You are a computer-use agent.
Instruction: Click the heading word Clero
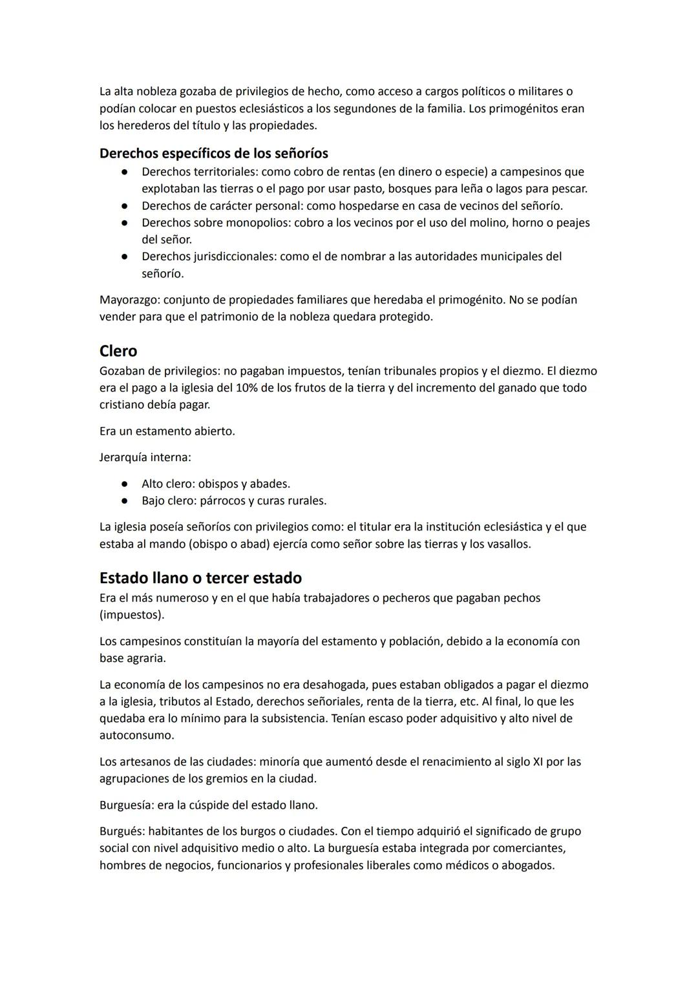pyautogui.click(x=118, y=351)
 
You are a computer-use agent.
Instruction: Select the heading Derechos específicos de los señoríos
pyautogui.click(x=213, y=154)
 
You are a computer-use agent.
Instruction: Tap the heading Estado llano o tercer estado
pyautogui.click(x=200, y=577)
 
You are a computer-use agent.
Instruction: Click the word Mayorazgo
pyautogui.click(x=129, y=300)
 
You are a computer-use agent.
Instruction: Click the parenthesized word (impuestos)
pyautogui.click(x=132, y=615)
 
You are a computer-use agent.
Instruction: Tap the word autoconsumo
pyautogui.click(x=136, y=736)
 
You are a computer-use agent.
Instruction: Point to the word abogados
pyautogui.click(x=527, y=866)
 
